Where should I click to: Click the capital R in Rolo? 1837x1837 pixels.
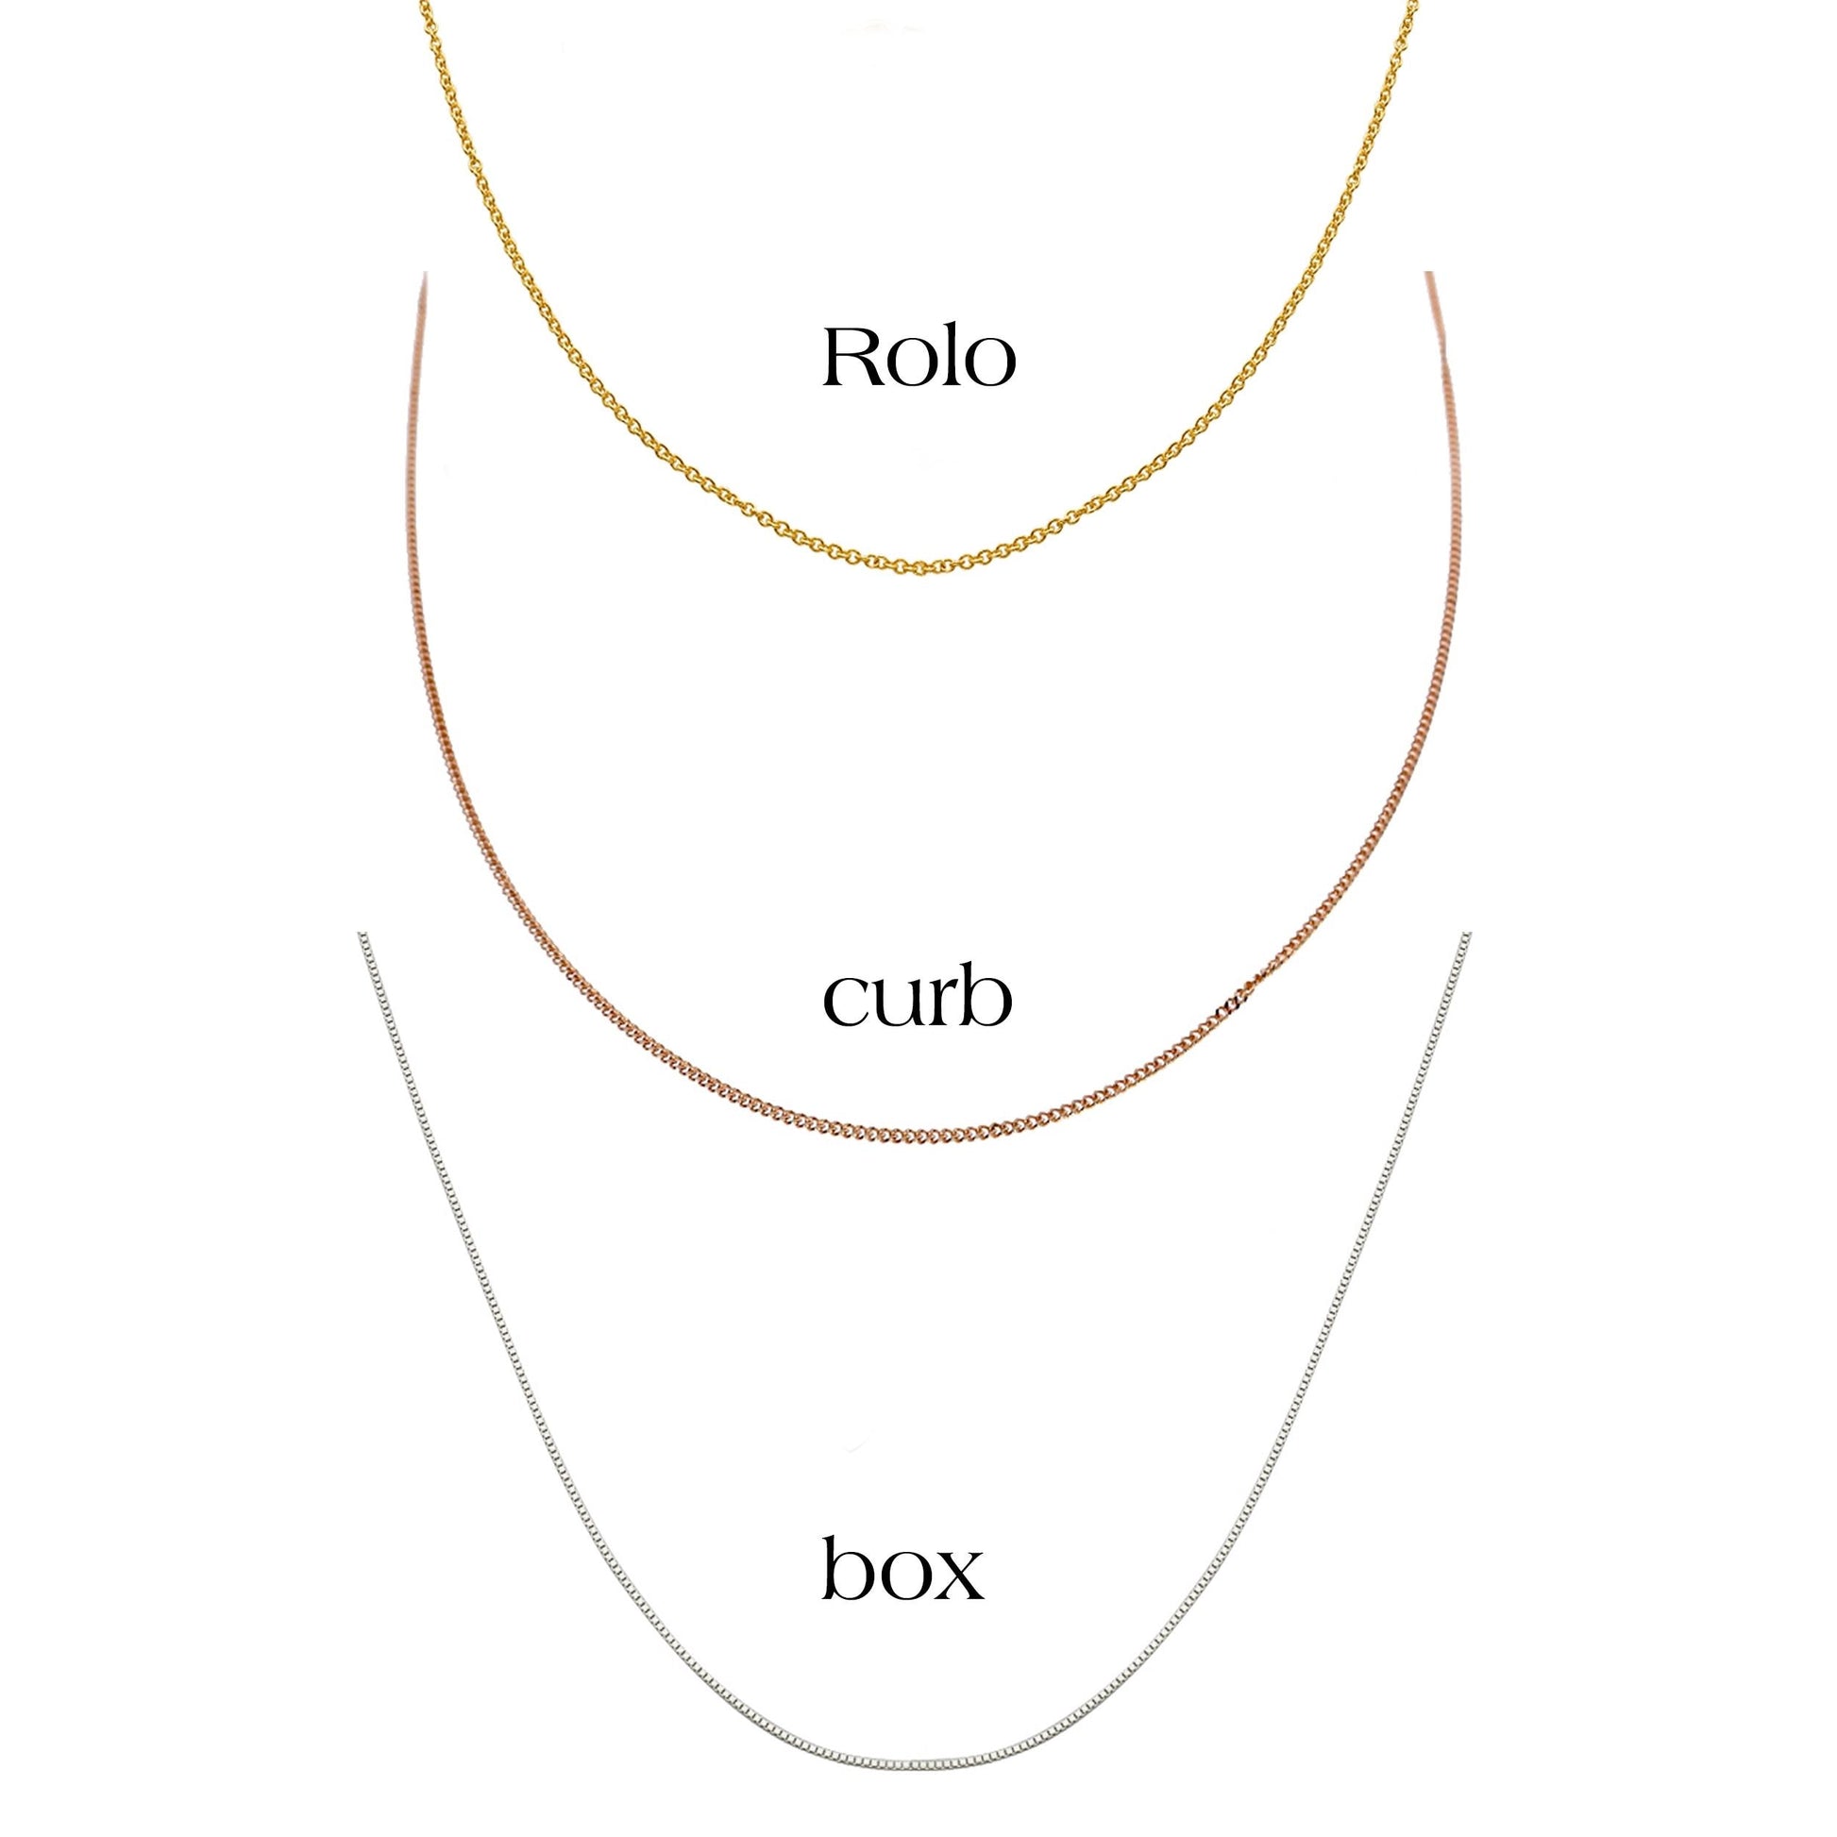point(856,357)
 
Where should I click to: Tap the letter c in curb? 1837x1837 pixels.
point(844,1006)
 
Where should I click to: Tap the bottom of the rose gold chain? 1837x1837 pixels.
point(918,1138)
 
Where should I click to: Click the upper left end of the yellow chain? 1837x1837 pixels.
point(422,3)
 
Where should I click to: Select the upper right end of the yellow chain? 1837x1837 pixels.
point(1416,3)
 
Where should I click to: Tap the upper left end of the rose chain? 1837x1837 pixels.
point(423,275)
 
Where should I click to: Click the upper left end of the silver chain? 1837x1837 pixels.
point(361,935)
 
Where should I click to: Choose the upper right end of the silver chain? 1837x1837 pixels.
point(1468,935)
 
